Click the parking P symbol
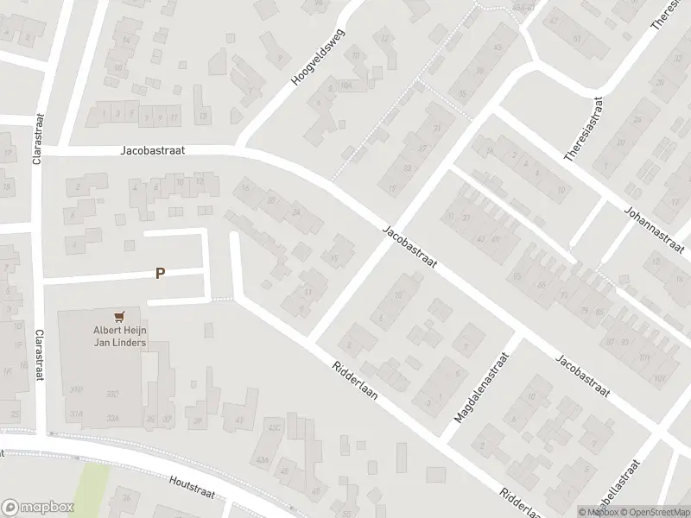pyautogui.click(x=160, y=273)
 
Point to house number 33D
pyautogui.click(x=113, y=395)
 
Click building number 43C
pyautogui.click(x=275, y=427)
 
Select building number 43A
pyautogui.click(x=261, y=458)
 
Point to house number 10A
pyautogui.click(x=345, y=85)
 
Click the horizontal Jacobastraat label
pyautogui.click(x=153, y=149)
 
